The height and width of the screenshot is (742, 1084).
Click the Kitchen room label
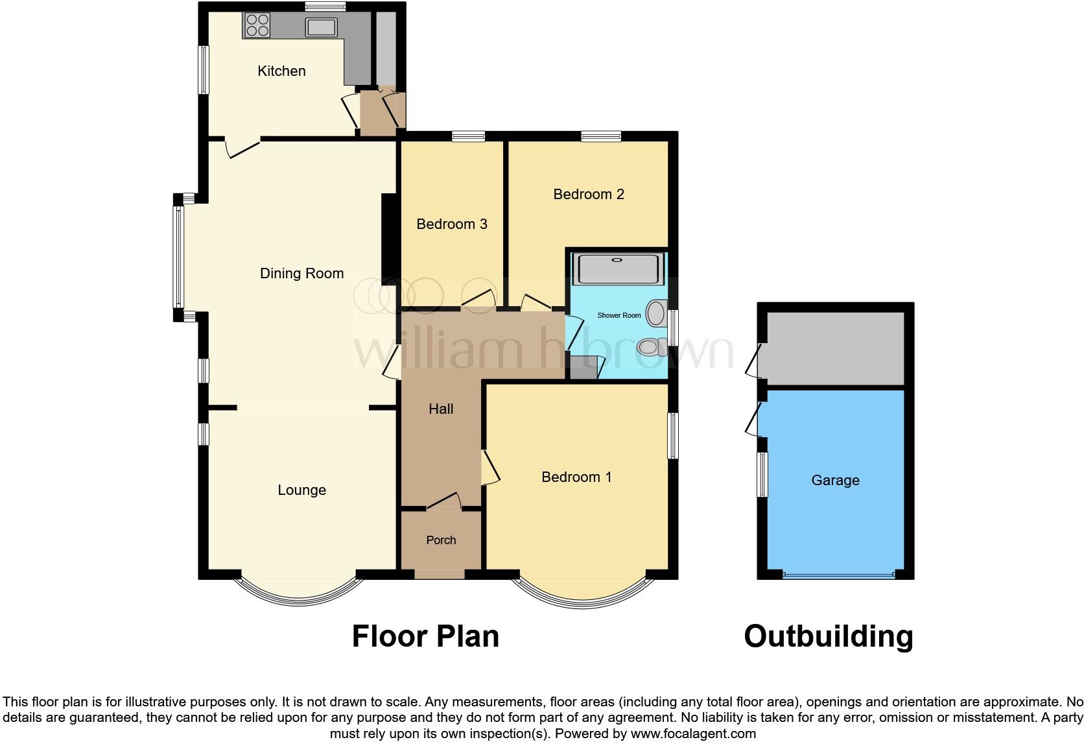click(281, 71)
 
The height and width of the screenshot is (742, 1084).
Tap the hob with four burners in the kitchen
click(257, 25)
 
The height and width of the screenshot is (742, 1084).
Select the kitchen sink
click(322, 27)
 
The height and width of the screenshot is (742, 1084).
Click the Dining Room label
click(301, 274)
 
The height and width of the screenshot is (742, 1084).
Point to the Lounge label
click(301, 490)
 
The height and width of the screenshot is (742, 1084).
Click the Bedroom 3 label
click(451, 224)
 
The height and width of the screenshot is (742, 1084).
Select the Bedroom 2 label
click(588, 195)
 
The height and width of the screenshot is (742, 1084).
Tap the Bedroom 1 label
click(576, 477)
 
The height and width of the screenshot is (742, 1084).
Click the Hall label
click(441, 409)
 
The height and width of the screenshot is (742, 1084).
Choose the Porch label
click(441, 540)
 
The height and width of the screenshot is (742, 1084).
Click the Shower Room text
click(619, 316)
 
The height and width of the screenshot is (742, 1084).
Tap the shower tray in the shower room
click(619, 269)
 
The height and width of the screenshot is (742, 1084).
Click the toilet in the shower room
click(652, 347)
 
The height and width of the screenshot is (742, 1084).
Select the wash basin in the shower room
click(657, 313)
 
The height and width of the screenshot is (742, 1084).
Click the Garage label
click(835, 481)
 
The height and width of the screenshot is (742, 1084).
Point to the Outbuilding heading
click(828, 636)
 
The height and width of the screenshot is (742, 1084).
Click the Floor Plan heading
click(425, 636)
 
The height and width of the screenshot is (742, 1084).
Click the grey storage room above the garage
click(835, 348)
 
